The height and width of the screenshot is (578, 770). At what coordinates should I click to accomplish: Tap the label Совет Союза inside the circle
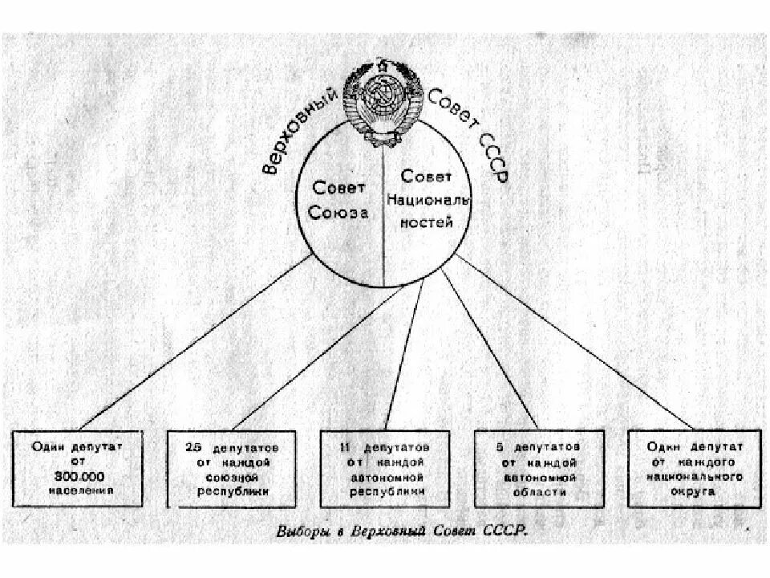pyautogui.click(x=340, y=201)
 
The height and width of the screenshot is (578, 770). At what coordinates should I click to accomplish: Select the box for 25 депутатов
pyautogui.click(x=232, y=468)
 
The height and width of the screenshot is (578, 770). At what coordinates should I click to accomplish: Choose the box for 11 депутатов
pyautogui.click(x=385, y=468)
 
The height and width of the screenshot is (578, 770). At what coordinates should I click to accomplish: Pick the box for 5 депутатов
pyautogui.click(x=538, y=468)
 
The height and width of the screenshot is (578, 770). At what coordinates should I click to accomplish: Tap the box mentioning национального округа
pyautogui.click(x=692, y=468)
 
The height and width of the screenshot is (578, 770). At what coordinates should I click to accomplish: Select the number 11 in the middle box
pyautogui.click(x=345, y=446)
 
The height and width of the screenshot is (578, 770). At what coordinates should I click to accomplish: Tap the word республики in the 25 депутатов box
pyautogui.click(x=233, y=490)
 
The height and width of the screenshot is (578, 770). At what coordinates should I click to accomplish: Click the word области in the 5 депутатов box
pyautogui.click(x=539, y=490)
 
